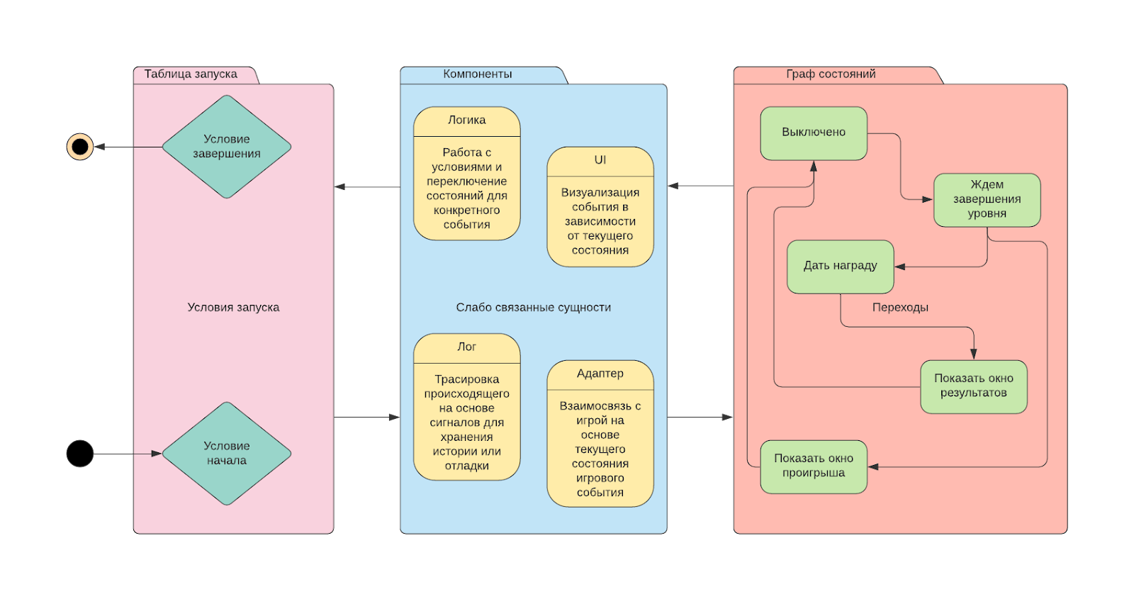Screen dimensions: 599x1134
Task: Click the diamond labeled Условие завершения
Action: [227, 147]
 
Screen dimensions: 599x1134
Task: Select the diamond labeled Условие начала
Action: [227, 454]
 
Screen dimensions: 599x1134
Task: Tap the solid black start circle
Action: [80, 454]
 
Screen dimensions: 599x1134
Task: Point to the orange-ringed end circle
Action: [80, 147]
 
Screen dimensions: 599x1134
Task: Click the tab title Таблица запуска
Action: [191, 74]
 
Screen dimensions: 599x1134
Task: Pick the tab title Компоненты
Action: [478, 74]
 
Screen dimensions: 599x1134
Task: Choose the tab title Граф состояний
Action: [831, 74]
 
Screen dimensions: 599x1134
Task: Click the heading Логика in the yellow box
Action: [467, 121]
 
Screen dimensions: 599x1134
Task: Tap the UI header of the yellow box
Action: [600, 160]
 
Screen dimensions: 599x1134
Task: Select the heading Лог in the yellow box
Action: [467, 347]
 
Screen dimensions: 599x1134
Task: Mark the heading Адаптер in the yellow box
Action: [600, 374]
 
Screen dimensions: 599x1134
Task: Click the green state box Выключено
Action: [814, 133]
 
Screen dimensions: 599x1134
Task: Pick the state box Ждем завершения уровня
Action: [987, 199]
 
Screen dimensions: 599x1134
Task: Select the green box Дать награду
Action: [840, 266]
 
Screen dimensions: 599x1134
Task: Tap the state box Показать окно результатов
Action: [973, 386]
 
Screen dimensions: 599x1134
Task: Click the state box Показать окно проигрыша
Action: [814, 466]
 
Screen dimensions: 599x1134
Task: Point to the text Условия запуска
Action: [233, 308]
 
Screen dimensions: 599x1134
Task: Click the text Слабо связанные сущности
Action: [533, 308]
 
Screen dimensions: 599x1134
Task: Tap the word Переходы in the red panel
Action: [900, 308]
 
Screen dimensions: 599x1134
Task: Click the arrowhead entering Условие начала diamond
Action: [157, 454]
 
